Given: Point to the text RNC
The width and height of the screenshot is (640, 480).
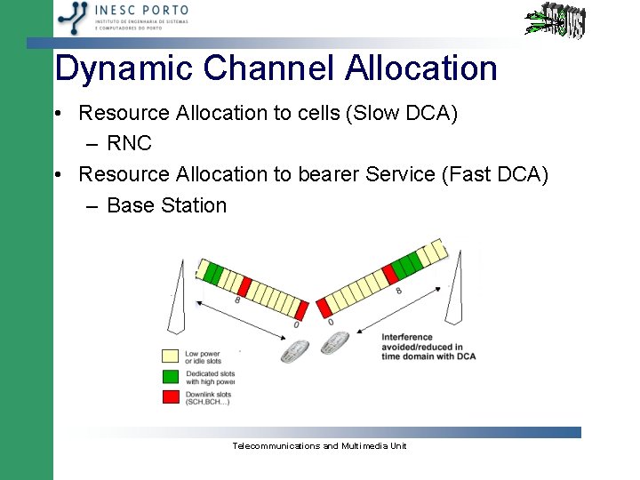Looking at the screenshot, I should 129,144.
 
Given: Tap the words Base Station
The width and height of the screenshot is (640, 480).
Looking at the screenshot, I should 166,205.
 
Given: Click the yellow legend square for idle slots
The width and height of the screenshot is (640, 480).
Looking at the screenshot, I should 170,356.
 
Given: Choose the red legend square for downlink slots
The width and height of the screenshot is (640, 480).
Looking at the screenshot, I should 170,396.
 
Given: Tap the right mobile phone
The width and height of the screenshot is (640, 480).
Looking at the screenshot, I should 334,343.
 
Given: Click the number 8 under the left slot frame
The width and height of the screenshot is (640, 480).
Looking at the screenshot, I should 237,301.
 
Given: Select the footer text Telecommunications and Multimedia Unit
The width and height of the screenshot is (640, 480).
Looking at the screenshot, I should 318,445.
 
